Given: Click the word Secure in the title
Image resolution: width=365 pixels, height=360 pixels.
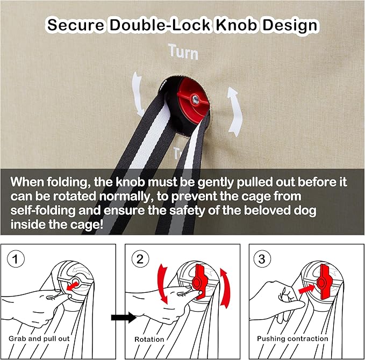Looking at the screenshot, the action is pyautogui.click(x=76, y=25).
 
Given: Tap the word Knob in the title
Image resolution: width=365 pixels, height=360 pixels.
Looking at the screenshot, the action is pyautogui.click(x=237, y=25).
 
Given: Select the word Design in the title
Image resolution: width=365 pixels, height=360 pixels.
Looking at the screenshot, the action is pyautogui.click(x=290, y=26).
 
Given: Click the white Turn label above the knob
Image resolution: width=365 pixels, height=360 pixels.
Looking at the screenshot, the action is pyautogui.click(x=183, y=52).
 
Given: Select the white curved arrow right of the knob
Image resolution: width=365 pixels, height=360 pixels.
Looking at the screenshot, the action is pyautogui.click(x=234, y=112).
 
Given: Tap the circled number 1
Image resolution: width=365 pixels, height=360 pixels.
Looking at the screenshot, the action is pyautogui.click(x=16, y=259).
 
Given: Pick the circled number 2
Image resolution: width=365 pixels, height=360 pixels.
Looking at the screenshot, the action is pyautogui.click(x=140, y=259).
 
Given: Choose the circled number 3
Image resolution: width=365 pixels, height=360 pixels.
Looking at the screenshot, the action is pyautogui.click(x=262, y=259).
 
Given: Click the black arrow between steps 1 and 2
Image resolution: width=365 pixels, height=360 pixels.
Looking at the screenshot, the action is pyautogui.click(x=124, y=317).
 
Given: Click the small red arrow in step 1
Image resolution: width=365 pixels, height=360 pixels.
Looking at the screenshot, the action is pyautogui.click(x=72, y=286).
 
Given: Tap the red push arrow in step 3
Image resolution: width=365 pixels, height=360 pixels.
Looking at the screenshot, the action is pyautogui.click(x=307, y=290).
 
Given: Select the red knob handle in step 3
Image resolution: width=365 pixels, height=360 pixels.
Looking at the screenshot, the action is pyautogui.click(x=324, y=282).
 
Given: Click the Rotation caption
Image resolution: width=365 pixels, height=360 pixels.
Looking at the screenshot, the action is pyautogui.click(x=149, y=339).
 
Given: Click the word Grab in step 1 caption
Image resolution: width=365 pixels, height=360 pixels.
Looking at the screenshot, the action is pyautogui.click(x=17, y=339).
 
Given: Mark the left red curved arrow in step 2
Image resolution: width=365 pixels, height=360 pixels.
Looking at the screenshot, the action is pyautogui.click(x=162, y=284).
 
